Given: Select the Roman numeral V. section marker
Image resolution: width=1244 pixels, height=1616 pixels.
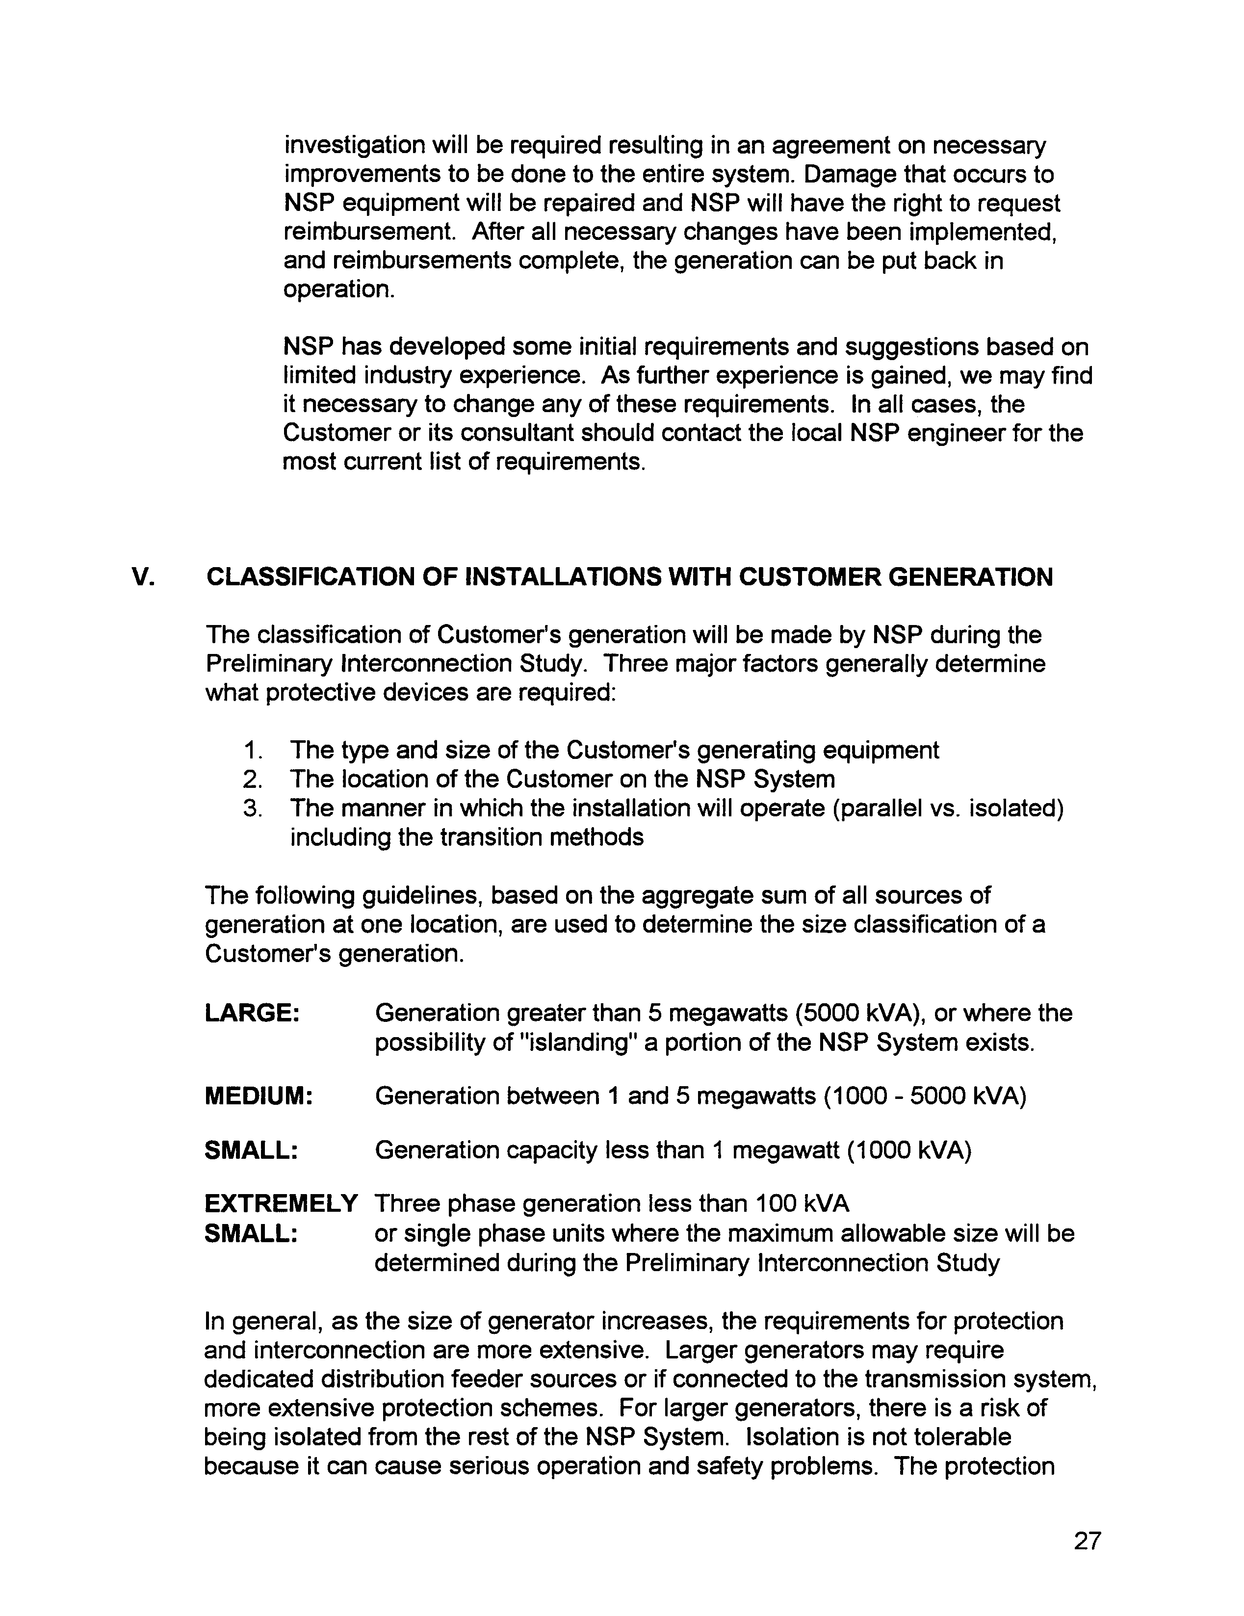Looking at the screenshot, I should (x=143, y=577).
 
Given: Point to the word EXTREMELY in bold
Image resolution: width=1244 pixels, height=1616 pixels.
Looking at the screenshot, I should (x=281, y=1204).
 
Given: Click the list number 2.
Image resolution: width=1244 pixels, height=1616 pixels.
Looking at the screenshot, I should (x=253, y=779).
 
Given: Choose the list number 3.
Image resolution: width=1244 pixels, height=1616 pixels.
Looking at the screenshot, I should (x=253, y=808).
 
